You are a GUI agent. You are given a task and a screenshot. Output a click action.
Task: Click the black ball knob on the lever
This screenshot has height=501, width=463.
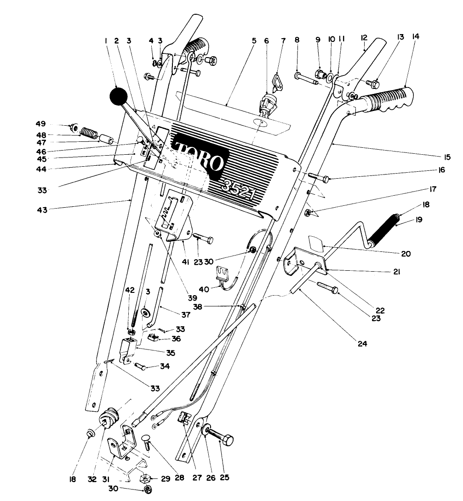118,97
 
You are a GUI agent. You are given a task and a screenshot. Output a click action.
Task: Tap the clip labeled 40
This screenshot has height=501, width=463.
223,274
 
